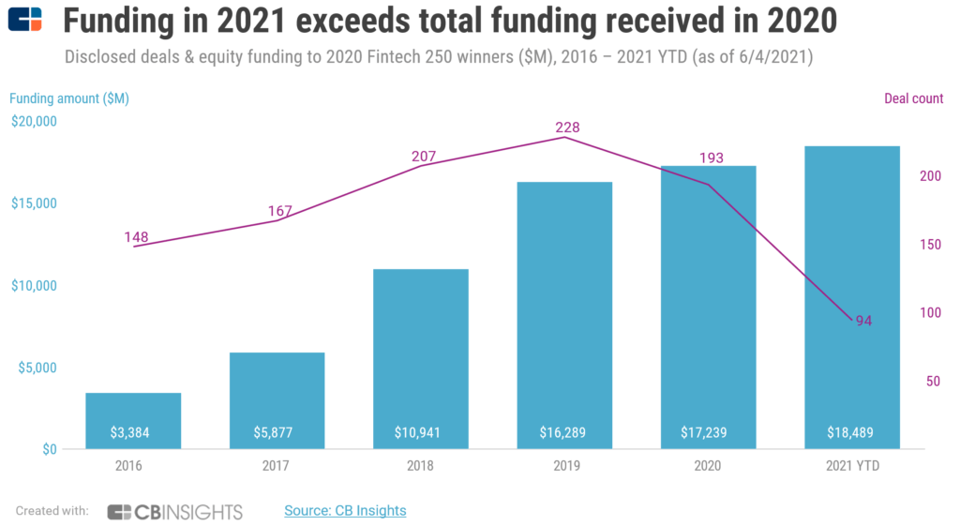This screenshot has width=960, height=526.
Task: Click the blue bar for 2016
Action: (x=133, y=413)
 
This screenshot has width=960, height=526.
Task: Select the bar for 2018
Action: (x=420, y=356)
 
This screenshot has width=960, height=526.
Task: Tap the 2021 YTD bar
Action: (x=852, y=291)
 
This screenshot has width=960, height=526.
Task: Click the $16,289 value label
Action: (x=564, y=433)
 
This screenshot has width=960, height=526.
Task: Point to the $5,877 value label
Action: (x=277, y=433)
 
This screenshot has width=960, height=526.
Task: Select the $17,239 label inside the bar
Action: (x=708, y=433)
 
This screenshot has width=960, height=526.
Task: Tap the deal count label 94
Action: (x=863, y=322)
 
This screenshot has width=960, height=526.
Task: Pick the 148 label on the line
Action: (x=137, y=236)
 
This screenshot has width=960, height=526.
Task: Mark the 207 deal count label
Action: (x=424, y=155)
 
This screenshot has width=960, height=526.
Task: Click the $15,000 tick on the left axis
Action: (x=35, y=203)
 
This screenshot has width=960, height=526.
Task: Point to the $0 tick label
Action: (x=48, y=449)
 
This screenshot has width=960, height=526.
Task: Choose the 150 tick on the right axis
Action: (x=929, y=245)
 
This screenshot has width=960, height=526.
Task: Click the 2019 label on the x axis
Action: (x=564, y=465)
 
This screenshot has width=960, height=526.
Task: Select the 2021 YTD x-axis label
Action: (x=852, y=465)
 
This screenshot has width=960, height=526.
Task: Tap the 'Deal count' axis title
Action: (x=913, y=98)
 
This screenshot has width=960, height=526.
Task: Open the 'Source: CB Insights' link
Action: (x=345, y=511)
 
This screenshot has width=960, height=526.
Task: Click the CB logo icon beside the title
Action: (x=25, y=20)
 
